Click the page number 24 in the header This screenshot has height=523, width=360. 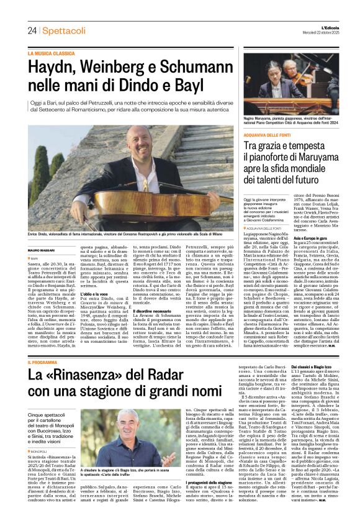pyautogui.click(x=32, y=30)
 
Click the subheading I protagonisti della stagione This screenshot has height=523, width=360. pyautogui.click(x=213, y=481)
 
